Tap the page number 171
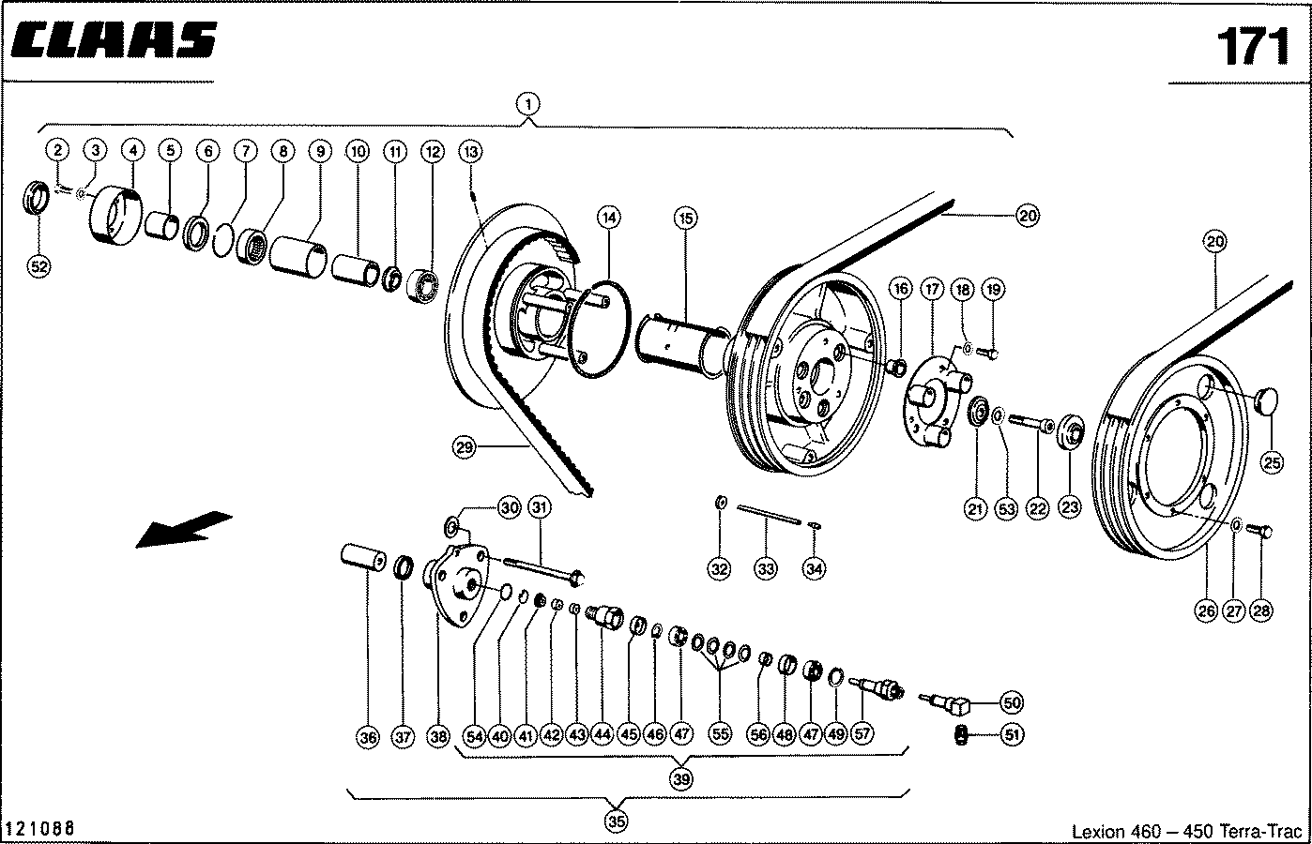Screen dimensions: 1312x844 tap(1254, 46)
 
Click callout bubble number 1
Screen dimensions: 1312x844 tap(527, 104)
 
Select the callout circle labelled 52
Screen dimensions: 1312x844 tap(38, 267)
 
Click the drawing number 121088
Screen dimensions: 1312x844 tap(39, 828)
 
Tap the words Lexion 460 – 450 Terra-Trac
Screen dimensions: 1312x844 tap(1186, 831)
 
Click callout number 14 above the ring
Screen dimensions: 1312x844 tap(609, 218)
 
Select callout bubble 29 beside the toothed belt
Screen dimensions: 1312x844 tap(464, 448)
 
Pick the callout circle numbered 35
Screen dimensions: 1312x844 tap(617, 821)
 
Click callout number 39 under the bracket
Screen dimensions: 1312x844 tap(680, 779)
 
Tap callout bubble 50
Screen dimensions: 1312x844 tap(1012, 702)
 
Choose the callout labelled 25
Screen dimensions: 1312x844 tap(1272, 463)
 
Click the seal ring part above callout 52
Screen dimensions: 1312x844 tap(37, 198)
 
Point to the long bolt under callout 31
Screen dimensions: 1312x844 tap(543, 570)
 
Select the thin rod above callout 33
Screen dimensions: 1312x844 tap(769, 515)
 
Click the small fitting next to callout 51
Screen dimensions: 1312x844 tap(961, 734)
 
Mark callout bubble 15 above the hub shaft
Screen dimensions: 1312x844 tap(685, 219)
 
